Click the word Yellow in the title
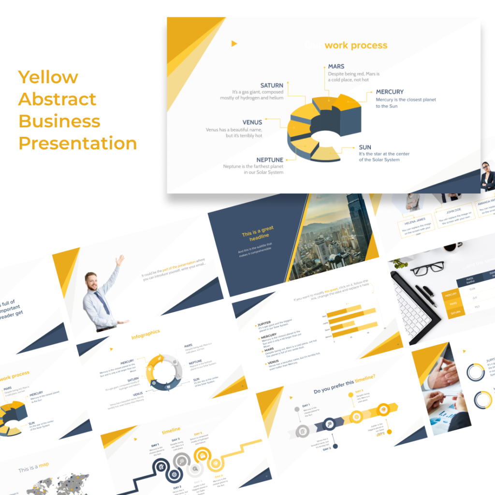tap(48, 77)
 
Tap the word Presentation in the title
tap(77, 144)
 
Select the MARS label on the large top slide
tap(336, 66)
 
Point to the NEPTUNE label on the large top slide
tap(270, 160)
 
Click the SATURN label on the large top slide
tap(272, 86)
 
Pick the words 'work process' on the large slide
tap(356, 45)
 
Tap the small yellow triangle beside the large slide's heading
tap(234, 44)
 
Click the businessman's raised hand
tap(119, 260)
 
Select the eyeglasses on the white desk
tap(427, 267)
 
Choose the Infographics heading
tap(146, 334)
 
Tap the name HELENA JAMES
tap(414, 221)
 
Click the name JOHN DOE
tap(453, 212)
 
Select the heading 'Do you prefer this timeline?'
tap(344, 386)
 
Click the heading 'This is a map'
tap(33, 467)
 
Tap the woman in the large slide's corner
tap(487, 176)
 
